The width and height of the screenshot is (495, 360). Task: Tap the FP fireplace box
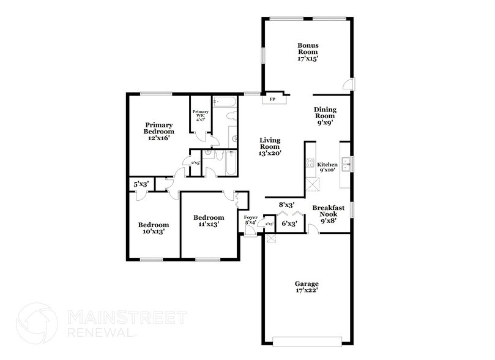[272, 98]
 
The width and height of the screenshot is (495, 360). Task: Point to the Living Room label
[269, 148]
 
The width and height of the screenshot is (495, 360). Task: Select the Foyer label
[251, 220]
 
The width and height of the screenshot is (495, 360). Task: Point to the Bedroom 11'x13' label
[209, 221]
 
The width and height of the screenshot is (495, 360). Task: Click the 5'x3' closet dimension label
[140, 183]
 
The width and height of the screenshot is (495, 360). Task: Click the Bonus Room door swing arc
[346, 84]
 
